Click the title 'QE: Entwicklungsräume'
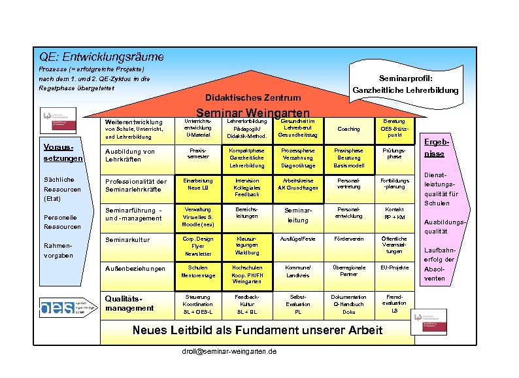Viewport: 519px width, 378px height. pos(101,58)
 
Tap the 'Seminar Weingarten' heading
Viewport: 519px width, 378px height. pos(252,112)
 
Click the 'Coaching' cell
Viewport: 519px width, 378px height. pos(348,129)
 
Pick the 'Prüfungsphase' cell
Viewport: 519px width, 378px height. pos(394,154)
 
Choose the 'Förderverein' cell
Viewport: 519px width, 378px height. pos(348,239)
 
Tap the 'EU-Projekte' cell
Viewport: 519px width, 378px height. pos(394,267)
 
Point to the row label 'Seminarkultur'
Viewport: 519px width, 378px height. pos(127,240)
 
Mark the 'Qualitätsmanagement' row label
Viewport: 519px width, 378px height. pos(129,303)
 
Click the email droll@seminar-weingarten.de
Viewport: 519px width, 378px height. pos(229,351)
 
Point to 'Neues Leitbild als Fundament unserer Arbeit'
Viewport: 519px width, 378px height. pos(258,330)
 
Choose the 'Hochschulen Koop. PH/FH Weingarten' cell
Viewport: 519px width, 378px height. pos(243,274)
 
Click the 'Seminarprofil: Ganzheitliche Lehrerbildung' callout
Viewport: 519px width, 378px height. pos(405,82)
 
